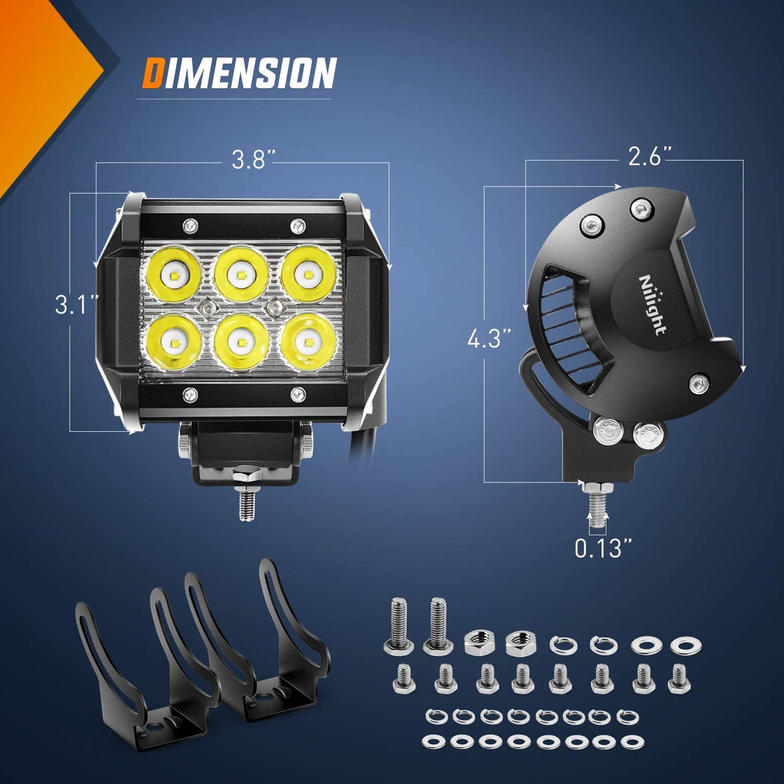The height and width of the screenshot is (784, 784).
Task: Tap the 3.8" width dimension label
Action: point(251,160)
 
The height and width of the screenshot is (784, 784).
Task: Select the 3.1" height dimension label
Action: point(77,304)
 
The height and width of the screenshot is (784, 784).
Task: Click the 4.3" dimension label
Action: point(489,340)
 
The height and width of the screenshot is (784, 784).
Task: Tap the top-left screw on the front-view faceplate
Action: point(190,224)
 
